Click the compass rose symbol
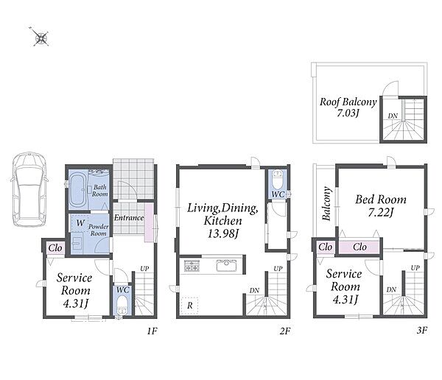tap(41, 38)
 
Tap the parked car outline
tap(29, 189)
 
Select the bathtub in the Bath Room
tap(77, 190)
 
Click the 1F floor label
tap(152, 331)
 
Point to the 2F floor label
tap(284, 331)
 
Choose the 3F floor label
tap(422, 330)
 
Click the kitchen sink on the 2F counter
tap(226, 265)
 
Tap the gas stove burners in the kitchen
tap(192, 266)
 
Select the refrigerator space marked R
tap(190, 306)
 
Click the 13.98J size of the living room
tap(222, 233)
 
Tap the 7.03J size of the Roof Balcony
tap(348, 113)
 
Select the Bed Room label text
tap(381, 200)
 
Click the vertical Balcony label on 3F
tap(326, 203)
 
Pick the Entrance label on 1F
tap(129, 218)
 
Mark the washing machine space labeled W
tap(80, 222)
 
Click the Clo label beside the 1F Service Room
tap(55, 248)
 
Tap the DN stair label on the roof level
tap(393, 116)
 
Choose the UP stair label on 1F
tap(144, 269)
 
